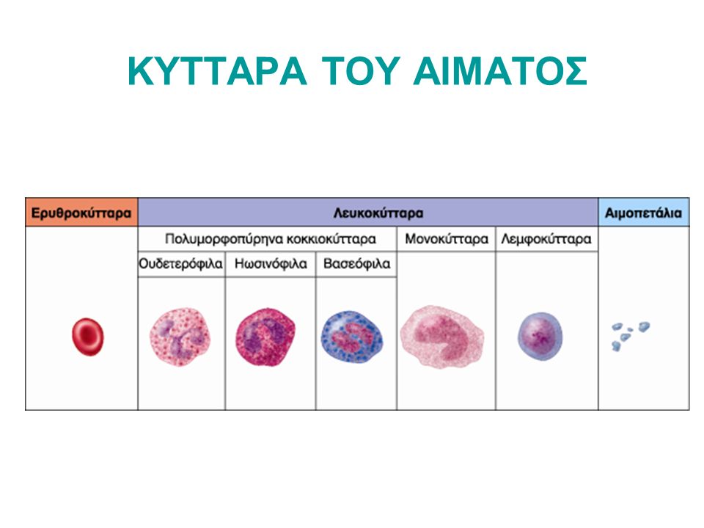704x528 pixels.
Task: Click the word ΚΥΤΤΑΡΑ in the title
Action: point(217,71)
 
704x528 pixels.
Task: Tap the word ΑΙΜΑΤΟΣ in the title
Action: point(500,71)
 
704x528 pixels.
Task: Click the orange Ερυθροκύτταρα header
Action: point(81,213)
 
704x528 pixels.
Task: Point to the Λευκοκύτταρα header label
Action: point(378,213)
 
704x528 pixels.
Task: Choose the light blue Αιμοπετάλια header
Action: point(643,213)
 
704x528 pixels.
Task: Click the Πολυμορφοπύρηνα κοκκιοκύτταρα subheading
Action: point(271,239)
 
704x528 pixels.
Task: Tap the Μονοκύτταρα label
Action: point(447,239)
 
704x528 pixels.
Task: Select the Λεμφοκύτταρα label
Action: point(546,239)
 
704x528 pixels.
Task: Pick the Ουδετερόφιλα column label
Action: point(180,263)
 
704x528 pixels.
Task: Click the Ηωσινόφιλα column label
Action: point(271,263)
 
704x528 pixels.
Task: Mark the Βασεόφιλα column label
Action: point(356,263)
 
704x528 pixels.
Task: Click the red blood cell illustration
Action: point(87,337)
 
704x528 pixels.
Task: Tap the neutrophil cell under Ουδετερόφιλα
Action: point(180,337)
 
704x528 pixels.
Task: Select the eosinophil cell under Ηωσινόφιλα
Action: point(265,337)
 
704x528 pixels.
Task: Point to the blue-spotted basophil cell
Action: point(352,337)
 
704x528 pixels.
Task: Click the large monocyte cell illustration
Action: point(442,337)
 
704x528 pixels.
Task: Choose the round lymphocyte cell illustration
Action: point(540,337)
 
